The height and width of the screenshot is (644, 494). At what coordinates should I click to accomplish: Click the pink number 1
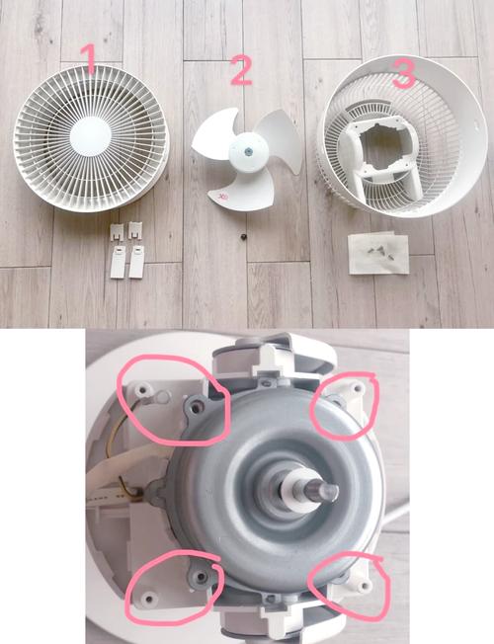88,58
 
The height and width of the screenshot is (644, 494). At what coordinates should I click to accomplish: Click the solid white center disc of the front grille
91,136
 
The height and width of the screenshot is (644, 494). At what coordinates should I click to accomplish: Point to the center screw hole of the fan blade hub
248,151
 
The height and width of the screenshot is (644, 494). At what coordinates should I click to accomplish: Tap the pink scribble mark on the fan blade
224,198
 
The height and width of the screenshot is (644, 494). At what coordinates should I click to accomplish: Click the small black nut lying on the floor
243,237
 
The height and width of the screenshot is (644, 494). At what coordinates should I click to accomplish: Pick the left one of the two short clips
117,232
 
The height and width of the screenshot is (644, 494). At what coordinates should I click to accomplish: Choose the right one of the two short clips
134,230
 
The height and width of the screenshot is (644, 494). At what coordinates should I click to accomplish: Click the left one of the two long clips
118,263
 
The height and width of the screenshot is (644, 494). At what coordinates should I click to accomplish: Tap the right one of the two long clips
137,262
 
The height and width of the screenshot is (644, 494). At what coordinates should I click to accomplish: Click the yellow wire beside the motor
113,427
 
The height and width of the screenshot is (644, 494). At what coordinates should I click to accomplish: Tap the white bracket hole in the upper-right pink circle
357,388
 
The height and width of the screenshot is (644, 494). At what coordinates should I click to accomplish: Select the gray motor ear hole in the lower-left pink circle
201,577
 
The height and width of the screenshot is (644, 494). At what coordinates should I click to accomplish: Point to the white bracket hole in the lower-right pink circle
364,585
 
